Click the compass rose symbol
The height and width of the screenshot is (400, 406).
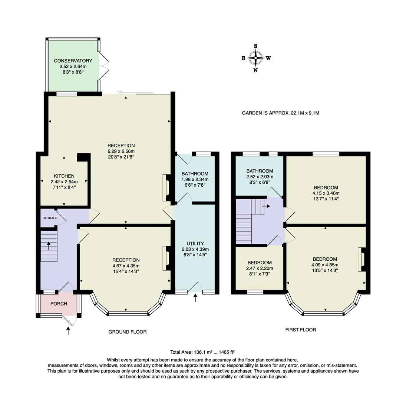255,58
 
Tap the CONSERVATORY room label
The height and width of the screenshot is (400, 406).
73,61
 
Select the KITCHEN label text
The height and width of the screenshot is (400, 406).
64,176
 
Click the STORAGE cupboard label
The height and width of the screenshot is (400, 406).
50,218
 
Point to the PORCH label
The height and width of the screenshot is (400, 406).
59,304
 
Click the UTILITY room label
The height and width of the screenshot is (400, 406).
195,243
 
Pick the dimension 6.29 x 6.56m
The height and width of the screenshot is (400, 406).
121,151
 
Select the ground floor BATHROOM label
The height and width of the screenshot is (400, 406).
195,173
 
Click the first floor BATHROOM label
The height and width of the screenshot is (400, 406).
260,171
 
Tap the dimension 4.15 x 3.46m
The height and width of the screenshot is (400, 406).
326,193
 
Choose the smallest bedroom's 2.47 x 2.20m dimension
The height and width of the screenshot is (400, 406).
260,268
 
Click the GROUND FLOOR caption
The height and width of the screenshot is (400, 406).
127,332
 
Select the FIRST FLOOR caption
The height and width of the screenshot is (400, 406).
300,329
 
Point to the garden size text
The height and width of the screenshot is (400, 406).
280,113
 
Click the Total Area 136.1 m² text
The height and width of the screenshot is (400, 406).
202,352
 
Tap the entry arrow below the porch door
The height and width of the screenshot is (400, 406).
68,330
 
